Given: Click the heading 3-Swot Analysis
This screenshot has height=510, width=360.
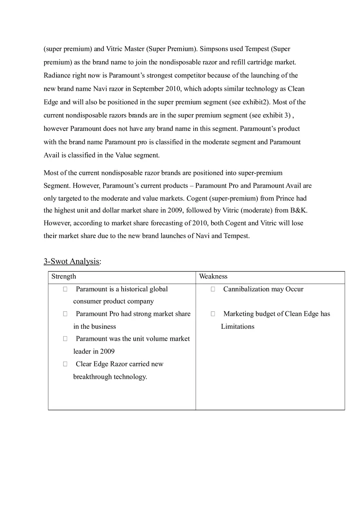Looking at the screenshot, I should point(72,261).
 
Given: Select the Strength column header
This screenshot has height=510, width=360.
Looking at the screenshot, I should point(64,276).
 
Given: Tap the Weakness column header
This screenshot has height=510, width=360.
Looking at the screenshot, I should point(213,276).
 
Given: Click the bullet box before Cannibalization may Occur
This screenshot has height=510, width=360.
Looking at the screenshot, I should point(213,289).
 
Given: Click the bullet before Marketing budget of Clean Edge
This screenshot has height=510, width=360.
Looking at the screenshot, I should point(213,314).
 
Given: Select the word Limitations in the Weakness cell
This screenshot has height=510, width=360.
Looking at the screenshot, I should point(238,326).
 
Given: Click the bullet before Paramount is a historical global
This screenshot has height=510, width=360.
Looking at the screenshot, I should point(65,289).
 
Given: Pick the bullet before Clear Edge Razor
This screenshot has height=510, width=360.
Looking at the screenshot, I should point(65,364).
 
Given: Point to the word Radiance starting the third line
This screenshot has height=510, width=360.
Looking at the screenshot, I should point(57,76).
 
